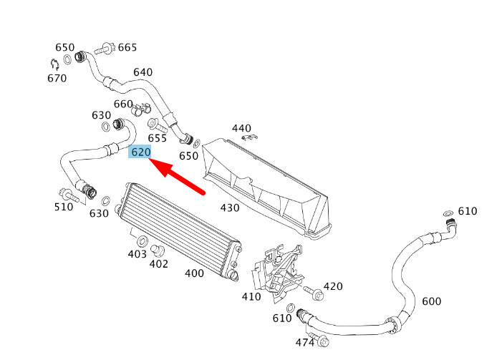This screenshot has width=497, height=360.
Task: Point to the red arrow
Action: tap(177, 175)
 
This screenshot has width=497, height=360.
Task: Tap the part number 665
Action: tap(127, 47)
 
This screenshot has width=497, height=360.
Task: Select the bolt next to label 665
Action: tap(105, 49)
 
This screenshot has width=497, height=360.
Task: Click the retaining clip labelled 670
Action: tap(55, 64)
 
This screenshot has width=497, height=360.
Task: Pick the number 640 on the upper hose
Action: tap(143, 72)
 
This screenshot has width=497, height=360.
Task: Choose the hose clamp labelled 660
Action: tap(140, 108)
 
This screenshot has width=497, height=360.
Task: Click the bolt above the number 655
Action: tap(158, 125)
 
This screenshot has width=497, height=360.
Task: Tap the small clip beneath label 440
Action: tap(249, 137)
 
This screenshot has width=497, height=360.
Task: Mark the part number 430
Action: tap(230, 208)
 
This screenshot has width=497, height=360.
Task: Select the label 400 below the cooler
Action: tap(194, 273)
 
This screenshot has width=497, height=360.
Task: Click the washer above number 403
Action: tap(142, 241)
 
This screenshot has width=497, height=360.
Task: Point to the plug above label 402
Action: tap(157, 250)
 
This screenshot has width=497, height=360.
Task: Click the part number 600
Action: tap(432, 301)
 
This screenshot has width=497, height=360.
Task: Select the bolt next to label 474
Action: tap(319, 339)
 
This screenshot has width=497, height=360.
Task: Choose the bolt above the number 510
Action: tap(69, 194)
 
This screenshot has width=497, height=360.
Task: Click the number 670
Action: tap(57, 78)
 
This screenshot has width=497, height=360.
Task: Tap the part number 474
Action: tap(305, 343)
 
